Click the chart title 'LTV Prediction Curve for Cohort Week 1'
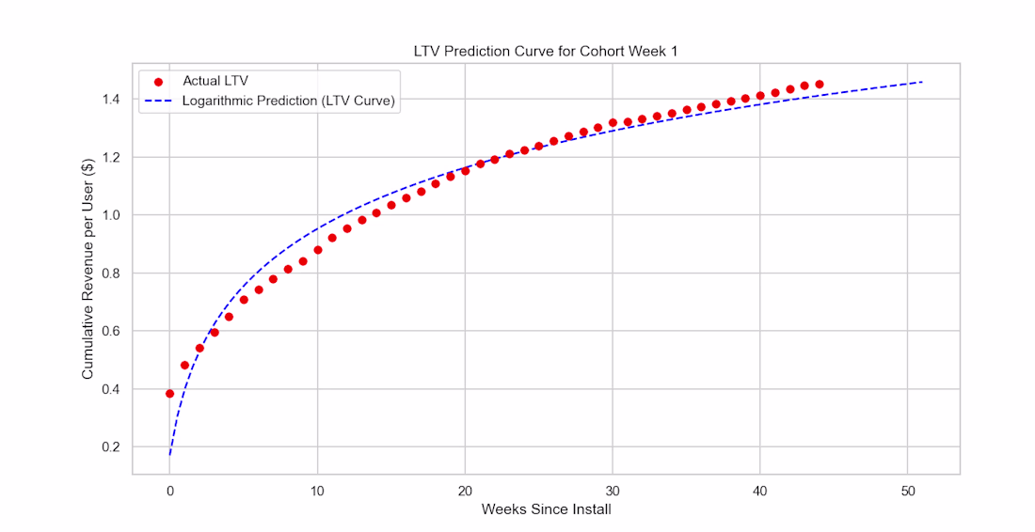coord(546,51)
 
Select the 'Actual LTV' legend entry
coord(215,81)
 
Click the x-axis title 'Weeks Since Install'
coord(546,509)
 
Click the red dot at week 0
coord(169,394)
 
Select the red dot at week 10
coord(317,250)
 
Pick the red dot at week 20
coord(465,171)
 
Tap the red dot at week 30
coord(613,123)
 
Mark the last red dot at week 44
coord(820,85)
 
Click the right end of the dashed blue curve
coord(922,82)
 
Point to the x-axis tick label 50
coord(907,490)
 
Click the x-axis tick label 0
coord(169,490)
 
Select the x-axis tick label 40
coord(759,490)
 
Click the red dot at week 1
coord(184,366)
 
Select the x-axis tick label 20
coord(465,490)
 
